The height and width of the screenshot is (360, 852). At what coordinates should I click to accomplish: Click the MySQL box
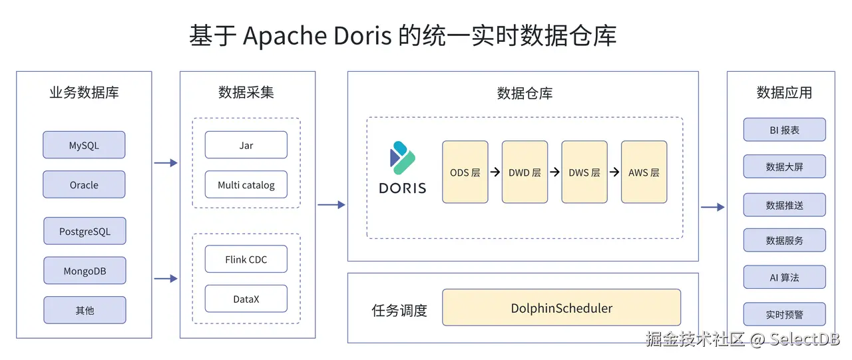click(84, 145)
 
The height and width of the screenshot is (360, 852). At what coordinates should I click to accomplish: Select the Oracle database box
click(84, 185)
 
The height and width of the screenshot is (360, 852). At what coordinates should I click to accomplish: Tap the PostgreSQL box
click(85, 232)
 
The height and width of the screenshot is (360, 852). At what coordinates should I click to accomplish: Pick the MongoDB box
click(85, 271)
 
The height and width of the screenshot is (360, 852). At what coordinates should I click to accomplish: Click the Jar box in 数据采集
click(246, 145)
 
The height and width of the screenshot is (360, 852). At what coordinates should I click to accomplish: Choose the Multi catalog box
click(246, 185)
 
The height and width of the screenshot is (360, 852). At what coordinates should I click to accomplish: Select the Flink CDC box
click(246, 260)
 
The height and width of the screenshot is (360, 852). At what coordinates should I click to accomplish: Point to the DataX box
click(246, 299)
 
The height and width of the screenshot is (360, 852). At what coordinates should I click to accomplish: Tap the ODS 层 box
click(465, 172)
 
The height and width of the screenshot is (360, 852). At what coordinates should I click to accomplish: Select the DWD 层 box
click(525, 172)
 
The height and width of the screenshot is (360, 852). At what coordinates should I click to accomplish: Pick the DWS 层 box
click(584, 172)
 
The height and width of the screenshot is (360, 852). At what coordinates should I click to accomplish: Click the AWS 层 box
click(644, 172)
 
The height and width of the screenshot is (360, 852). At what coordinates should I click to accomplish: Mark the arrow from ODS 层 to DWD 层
click(495, 172)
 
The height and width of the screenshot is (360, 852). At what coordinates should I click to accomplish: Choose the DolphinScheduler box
click(561, 308)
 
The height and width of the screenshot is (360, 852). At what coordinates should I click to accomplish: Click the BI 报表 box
click(784, 130)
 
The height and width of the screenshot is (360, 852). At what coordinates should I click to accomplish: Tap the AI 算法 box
click(784, 277)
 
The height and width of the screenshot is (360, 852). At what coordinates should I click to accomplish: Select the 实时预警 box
click(784, 314)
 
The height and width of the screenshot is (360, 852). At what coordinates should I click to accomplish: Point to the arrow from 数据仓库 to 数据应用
click(712, 208)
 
